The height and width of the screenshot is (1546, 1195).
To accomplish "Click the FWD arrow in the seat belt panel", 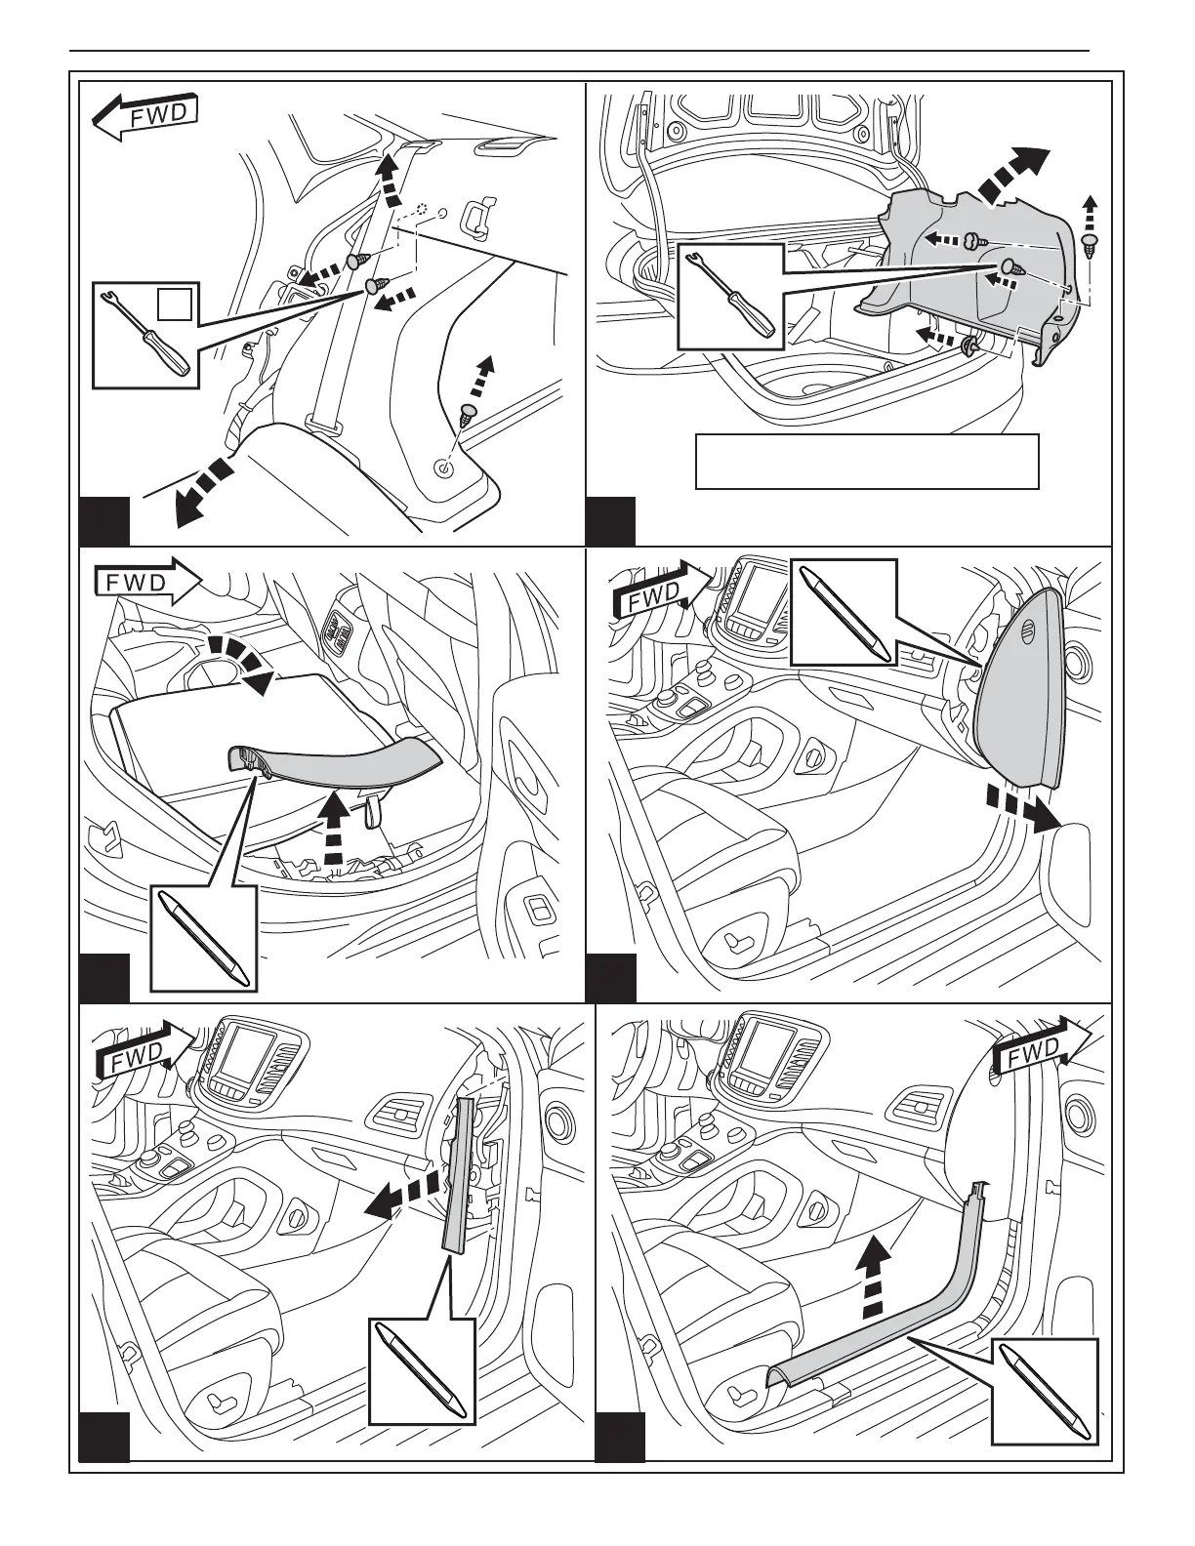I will tap(146, 115).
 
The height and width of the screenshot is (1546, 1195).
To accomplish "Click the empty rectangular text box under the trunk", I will tap(866, 461).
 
